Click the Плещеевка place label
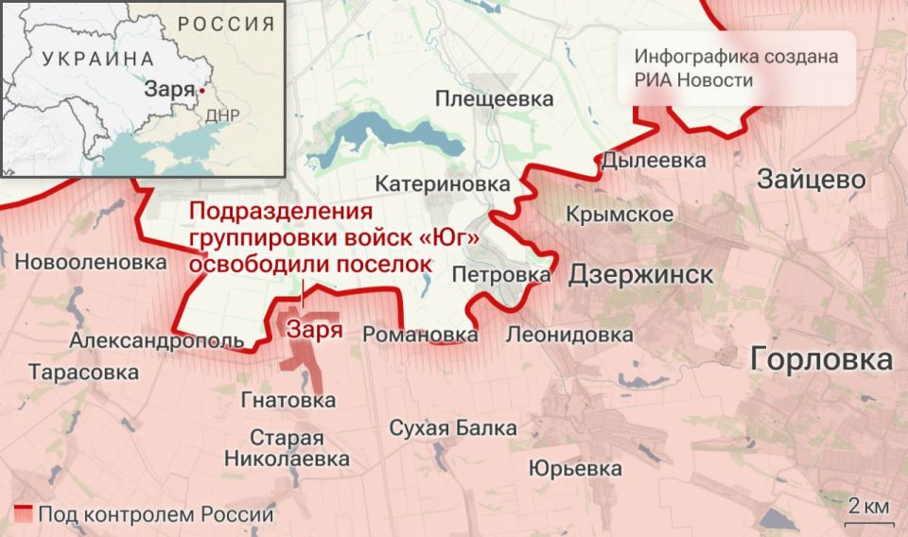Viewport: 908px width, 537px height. click(x=494, y=98)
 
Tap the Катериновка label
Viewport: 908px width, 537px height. click(x=443, y=183)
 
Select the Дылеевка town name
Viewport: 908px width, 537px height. click(x=654, y=161)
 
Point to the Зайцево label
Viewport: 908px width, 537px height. click(x=811, y=180)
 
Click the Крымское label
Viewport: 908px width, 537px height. click(x=620, y=215)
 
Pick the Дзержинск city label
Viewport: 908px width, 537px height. click(x=640, y=275)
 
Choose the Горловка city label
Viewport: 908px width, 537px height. click(x=821, y=359)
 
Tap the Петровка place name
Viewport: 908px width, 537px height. click(x=501, y=275)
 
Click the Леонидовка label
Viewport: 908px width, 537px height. click(x=569, y=335)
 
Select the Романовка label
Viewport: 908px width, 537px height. click(x=420, y=335)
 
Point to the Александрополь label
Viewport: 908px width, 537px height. click(x=158, y=340)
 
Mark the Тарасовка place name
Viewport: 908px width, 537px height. click(x=83, y=372)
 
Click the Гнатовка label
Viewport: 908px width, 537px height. click(x=288, y=401)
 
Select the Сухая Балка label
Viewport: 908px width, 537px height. click(x=453, y=428)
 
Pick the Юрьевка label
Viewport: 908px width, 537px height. click(x=575, y=469)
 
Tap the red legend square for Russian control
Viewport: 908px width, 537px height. click(x=25, y=515)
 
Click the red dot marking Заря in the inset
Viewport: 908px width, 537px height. click(x=201, y=92)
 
